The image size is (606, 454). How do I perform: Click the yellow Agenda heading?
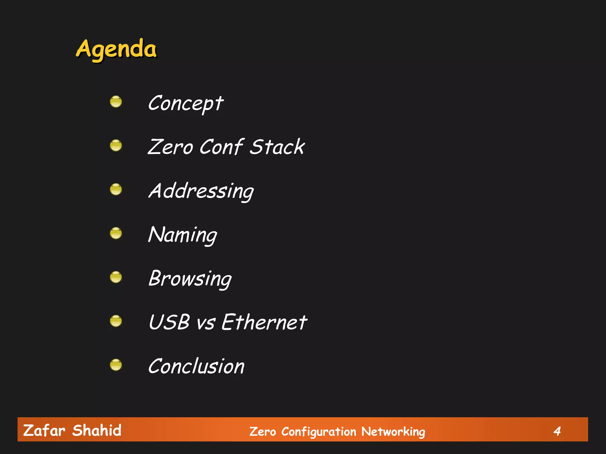pos(116,49)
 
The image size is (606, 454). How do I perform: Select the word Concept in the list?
pos(186,103)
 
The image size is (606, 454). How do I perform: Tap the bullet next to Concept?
pos(116,102)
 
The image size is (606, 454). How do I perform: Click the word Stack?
pos(277,147)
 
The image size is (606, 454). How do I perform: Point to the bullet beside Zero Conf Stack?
pos(116,145)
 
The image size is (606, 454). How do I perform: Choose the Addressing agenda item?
pos(201,191)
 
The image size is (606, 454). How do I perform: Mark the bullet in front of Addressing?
pos(116,189)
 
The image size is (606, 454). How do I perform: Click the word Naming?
pos(183,235)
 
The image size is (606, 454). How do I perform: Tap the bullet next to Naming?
pos(116,233)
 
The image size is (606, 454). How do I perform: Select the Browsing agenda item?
pos(190,278)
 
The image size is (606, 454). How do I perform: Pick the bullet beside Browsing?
pos(116,277)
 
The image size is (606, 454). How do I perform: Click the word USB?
pos(169,322)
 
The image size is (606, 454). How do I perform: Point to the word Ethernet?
pos(264,322)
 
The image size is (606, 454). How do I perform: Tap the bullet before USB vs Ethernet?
pos(116,321)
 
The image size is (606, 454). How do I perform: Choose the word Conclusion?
pos(196,366)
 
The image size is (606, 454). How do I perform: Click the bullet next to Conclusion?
pos(116,365)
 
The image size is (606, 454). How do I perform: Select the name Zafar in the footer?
pos(44,430)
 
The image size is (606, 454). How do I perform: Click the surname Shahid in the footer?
pos(97,430)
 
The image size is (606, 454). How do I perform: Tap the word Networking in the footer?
pos(393,432)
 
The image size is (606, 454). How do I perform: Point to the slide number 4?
pos(557,431)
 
